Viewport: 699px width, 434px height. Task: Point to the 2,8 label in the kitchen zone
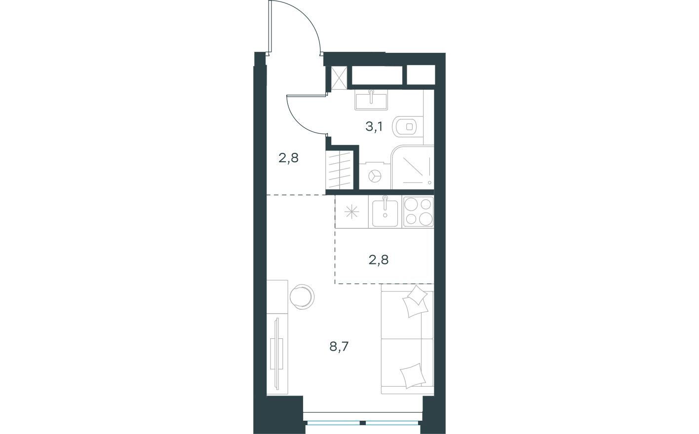[x=379, y=259]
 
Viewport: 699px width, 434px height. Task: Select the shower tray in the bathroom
[x=413, y=167]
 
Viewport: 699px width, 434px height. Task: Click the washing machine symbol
[x=375, y=176]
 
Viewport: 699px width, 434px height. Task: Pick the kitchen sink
[x=385, y=212]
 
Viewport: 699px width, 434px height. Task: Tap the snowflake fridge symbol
[x=351, y=213]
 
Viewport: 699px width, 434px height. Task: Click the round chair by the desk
[x=302, y=296]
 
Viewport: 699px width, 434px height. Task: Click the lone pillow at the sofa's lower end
[x=413, y=375]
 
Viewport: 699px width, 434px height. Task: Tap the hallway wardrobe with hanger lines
[x=340, y=170]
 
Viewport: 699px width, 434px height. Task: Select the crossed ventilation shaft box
[x=339, y=77]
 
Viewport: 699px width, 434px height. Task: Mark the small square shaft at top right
[x=421, y=75]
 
